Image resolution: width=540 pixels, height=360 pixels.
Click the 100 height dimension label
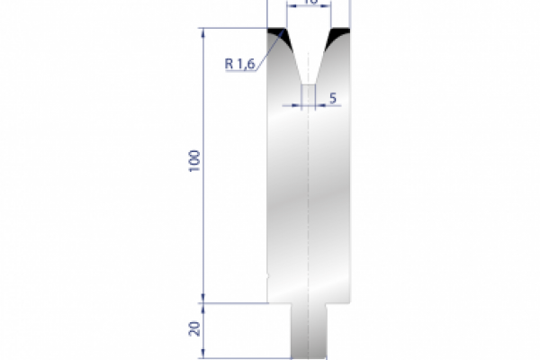tap(195, 162)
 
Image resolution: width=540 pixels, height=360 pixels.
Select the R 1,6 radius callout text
tap(240, 63)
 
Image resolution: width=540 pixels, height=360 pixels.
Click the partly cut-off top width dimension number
tap(310, 4)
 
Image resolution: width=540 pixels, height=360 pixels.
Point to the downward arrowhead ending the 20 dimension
tap(205, 355)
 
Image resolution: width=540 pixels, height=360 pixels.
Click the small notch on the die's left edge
tap(269, 269)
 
